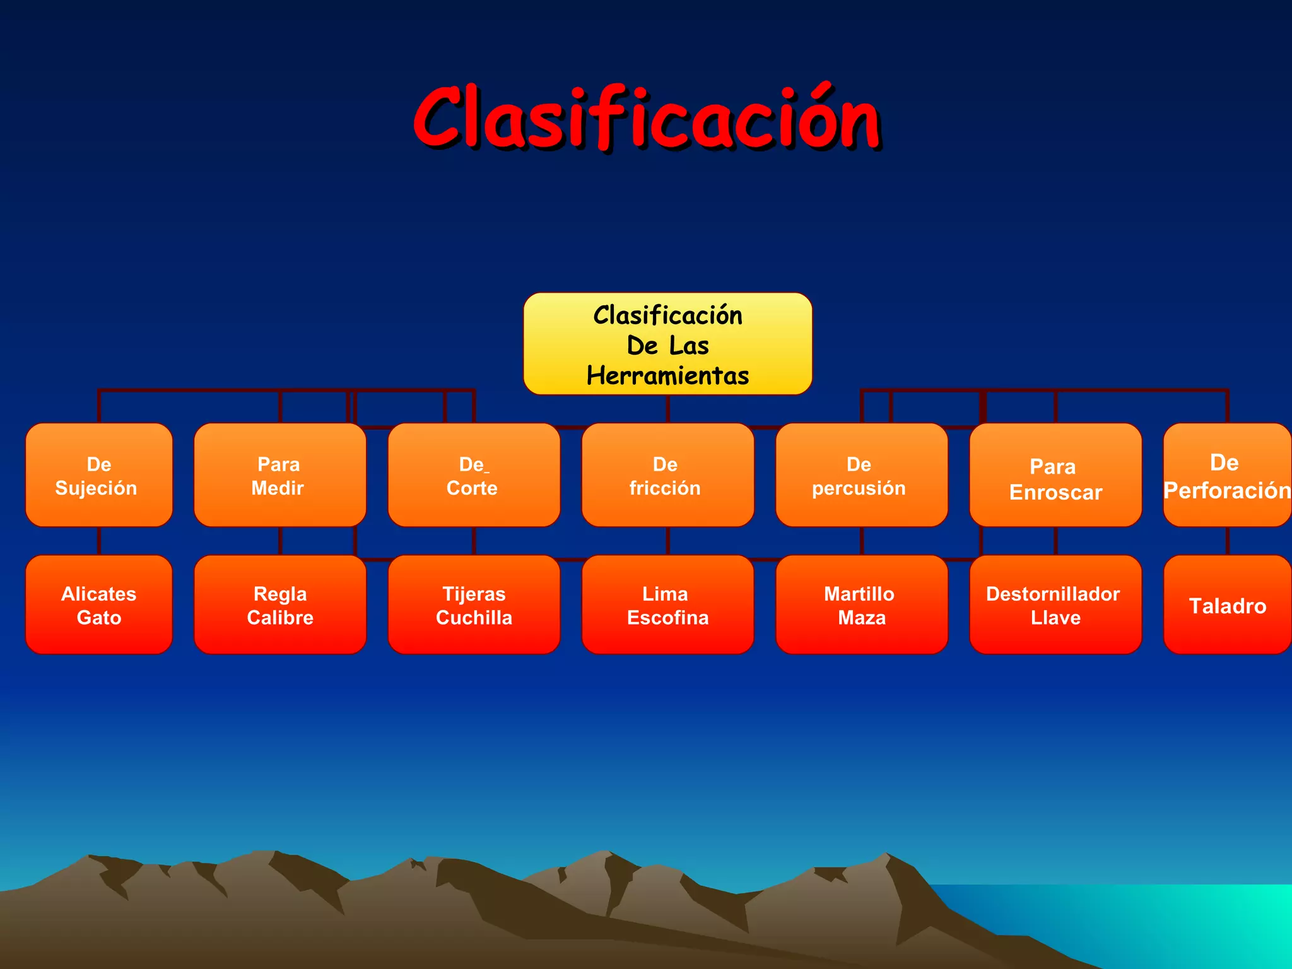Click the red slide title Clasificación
pyautogui.click(x=647, y=119)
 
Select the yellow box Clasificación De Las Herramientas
pyautogui.click(x=667, y=344)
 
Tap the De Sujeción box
pyautogui.click(x=98, y=476)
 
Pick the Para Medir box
pyautogui.click(x=279, y=476)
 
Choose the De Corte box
pyautogui.click(x=474, y=476)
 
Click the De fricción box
pyautogui.click(x=667, y=476)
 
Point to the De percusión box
pyautogui.click(x=861, y=476)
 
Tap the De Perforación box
pyautogui.click(x=1227, y=476)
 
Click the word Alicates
pyautogui.click(x=98, y=594)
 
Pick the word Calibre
pyautogui.click(x=279, y=618)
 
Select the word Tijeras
pyautogui.click(x=474, y=594)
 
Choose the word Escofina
pyautogui.click(x=667, y=618)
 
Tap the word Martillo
pyautogui.click(x=859, y=594)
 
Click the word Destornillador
pyautogui.click(x=1053, y=594)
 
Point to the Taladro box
pyautogui.click(x=1227, y=606)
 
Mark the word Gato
pyautogui.click(x=98, y=618)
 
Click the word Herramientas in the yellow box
pyautogui.click(x=667, y=375)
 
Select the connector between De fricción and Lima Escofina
pyautogui.click(x=667, y=541)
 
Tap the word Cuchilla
pyautogui.click(x=474, y=618)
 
